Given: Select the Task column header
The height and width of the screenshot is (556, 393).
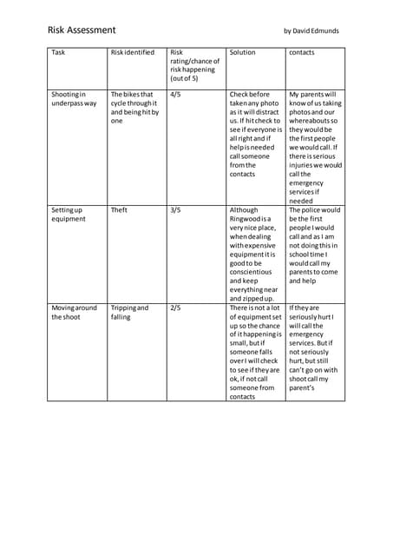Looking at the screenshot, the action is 58,52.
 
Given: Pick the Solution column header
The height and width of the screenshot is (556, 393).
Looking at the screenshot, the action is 242,52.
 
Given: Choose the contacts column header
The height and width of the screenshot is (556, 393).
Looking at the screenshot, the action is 302,52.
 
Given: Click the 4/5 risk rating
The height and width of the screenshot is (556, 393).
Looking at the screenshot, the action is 176,93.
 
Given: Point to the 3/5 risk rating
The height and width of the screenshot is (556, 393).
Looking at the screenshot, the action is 176,209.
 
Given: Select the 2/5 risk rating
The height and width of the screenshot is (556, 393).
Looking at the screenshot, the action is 176,308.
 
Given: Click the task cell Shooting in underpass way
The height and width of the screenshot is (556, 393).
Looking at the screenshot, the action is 73,98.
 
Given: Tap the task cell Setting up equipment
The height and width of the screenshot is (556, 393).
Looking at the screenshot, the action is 69,214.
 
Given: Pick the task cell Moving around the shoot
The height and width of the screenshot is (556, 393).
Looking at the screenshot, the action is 73,312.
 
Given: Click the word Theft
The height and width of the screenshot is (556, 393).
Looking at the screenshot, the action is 119,209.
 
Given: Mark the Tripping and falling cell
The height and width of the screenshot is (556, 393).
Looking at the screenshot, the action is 129,312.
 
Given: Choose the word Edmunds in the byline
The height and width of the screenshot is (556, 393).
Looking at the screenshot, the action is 322,30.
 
